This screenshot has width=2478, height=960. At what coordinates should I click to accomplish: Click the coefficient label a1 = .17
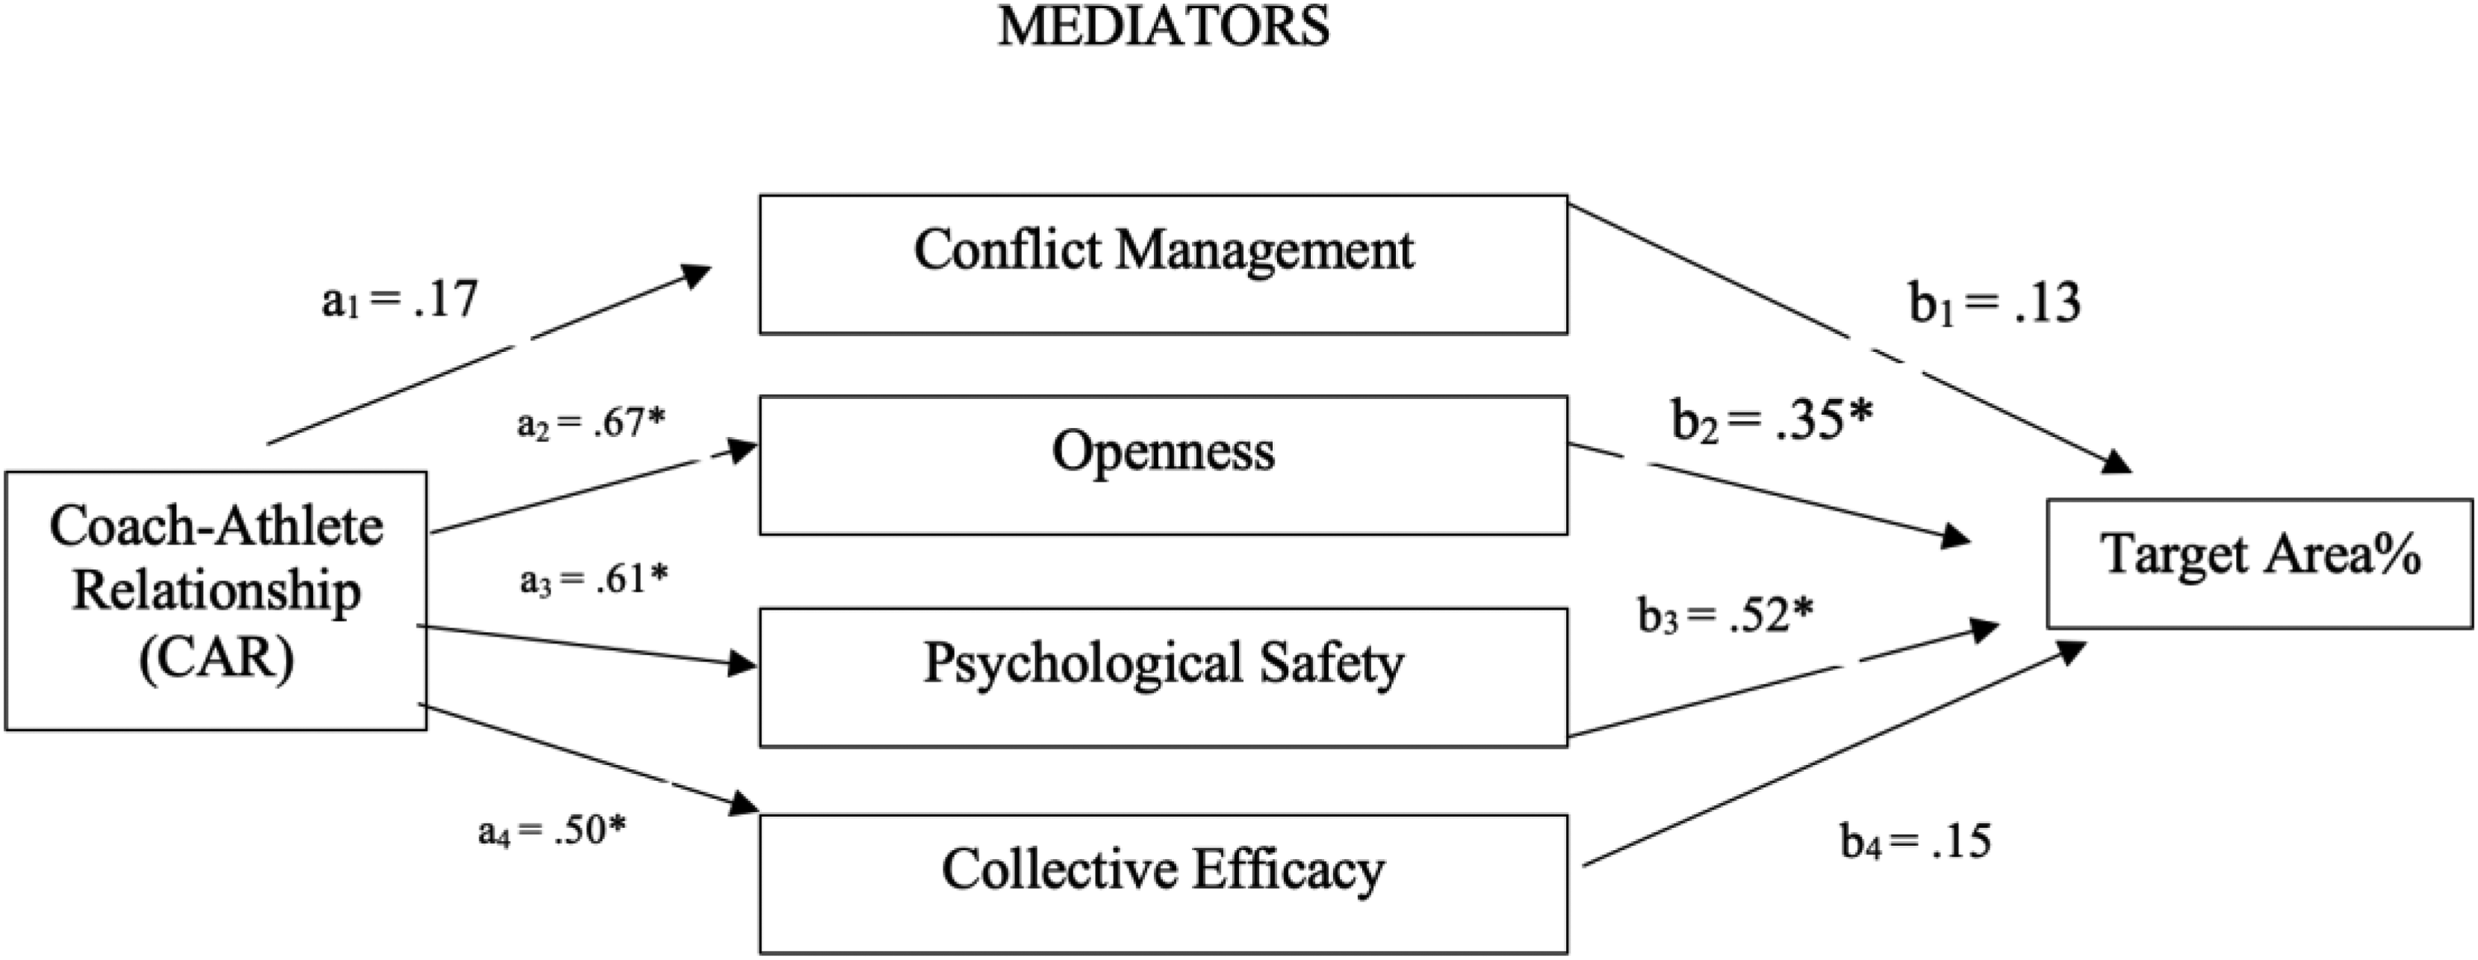399,300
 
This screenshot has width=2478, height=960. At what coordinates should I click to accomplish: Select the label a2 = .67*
591,422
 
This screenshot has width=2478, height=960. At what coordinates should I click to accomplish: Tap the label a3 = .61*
594,579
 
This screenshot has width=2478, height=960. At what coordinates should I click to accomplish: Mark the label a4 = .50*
552,830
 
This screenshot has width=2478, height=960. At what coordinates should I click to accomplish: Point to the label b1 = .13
1994,302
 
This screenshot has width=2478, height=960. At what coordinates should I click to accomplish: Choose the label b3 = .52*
1726,615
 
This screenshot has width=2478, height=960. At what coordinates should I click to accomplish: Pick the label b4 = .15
1916,841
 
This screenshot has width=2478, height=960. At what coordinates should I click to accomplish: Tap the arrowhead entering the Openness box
743,450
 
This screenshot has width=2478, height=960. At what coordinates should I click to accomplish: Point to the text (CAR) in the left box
216,660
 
